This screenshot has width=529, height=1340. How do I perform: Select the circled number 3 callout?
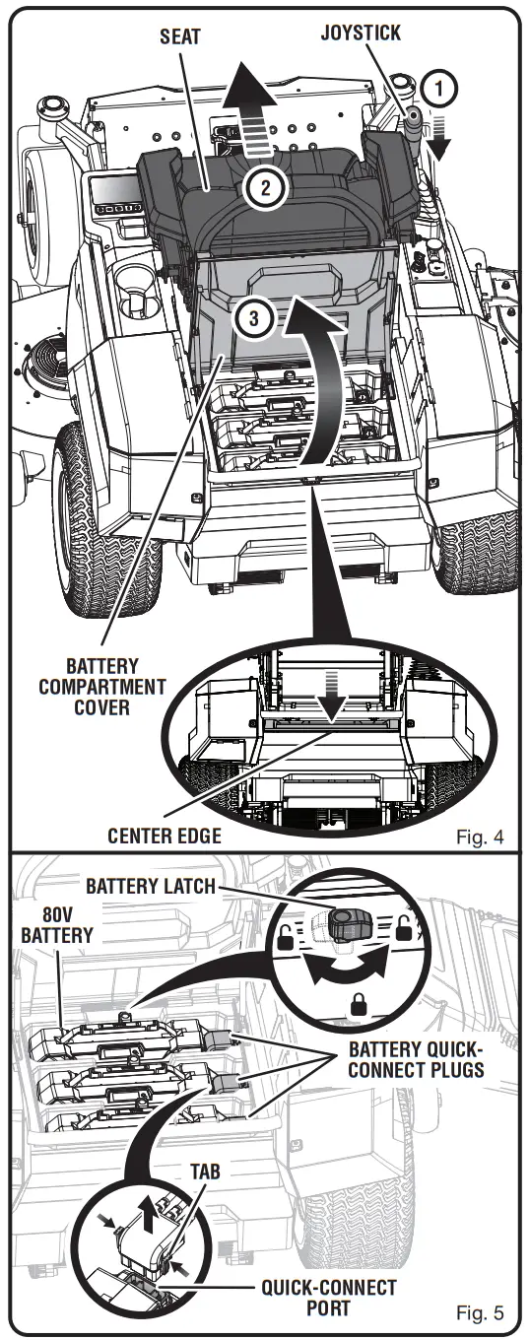pos(253,320)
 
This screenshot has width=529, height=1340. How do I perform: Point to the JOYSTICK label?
pos(361,33)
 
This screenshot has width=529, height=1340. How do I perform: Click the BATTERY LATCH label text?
pos(150,885)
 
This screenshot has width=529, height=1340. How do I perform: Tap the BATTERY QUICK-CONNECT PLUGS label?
pos(417,1057)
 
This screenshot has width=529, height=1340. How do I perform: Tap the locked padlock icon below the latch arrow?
pos(353,1004)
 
